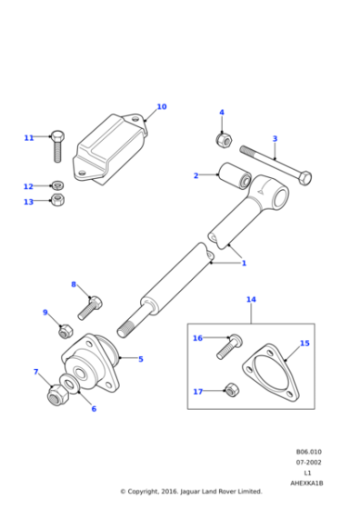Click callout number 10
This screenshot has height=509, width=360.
pos(162,106)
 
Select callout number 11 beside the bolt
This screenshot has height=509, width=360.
pos(28,137)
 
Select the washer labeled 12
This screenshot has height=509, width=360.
pos(56,185)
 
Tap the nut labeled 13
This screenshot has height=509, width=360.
pos(57,199)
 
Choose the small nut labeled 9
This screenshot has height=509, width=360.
pos(65,331)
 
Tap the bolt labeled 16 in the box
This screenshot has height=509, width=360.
pos(227,345)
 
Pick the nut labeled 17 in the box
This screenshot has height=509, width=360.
pos(231,391)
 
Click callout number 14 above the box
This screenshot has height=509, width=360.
pos(251,298)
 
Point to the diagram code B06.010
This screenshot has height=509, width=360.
pos(309,452)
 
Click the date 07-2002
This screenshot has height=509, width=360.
pos(309,462)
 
